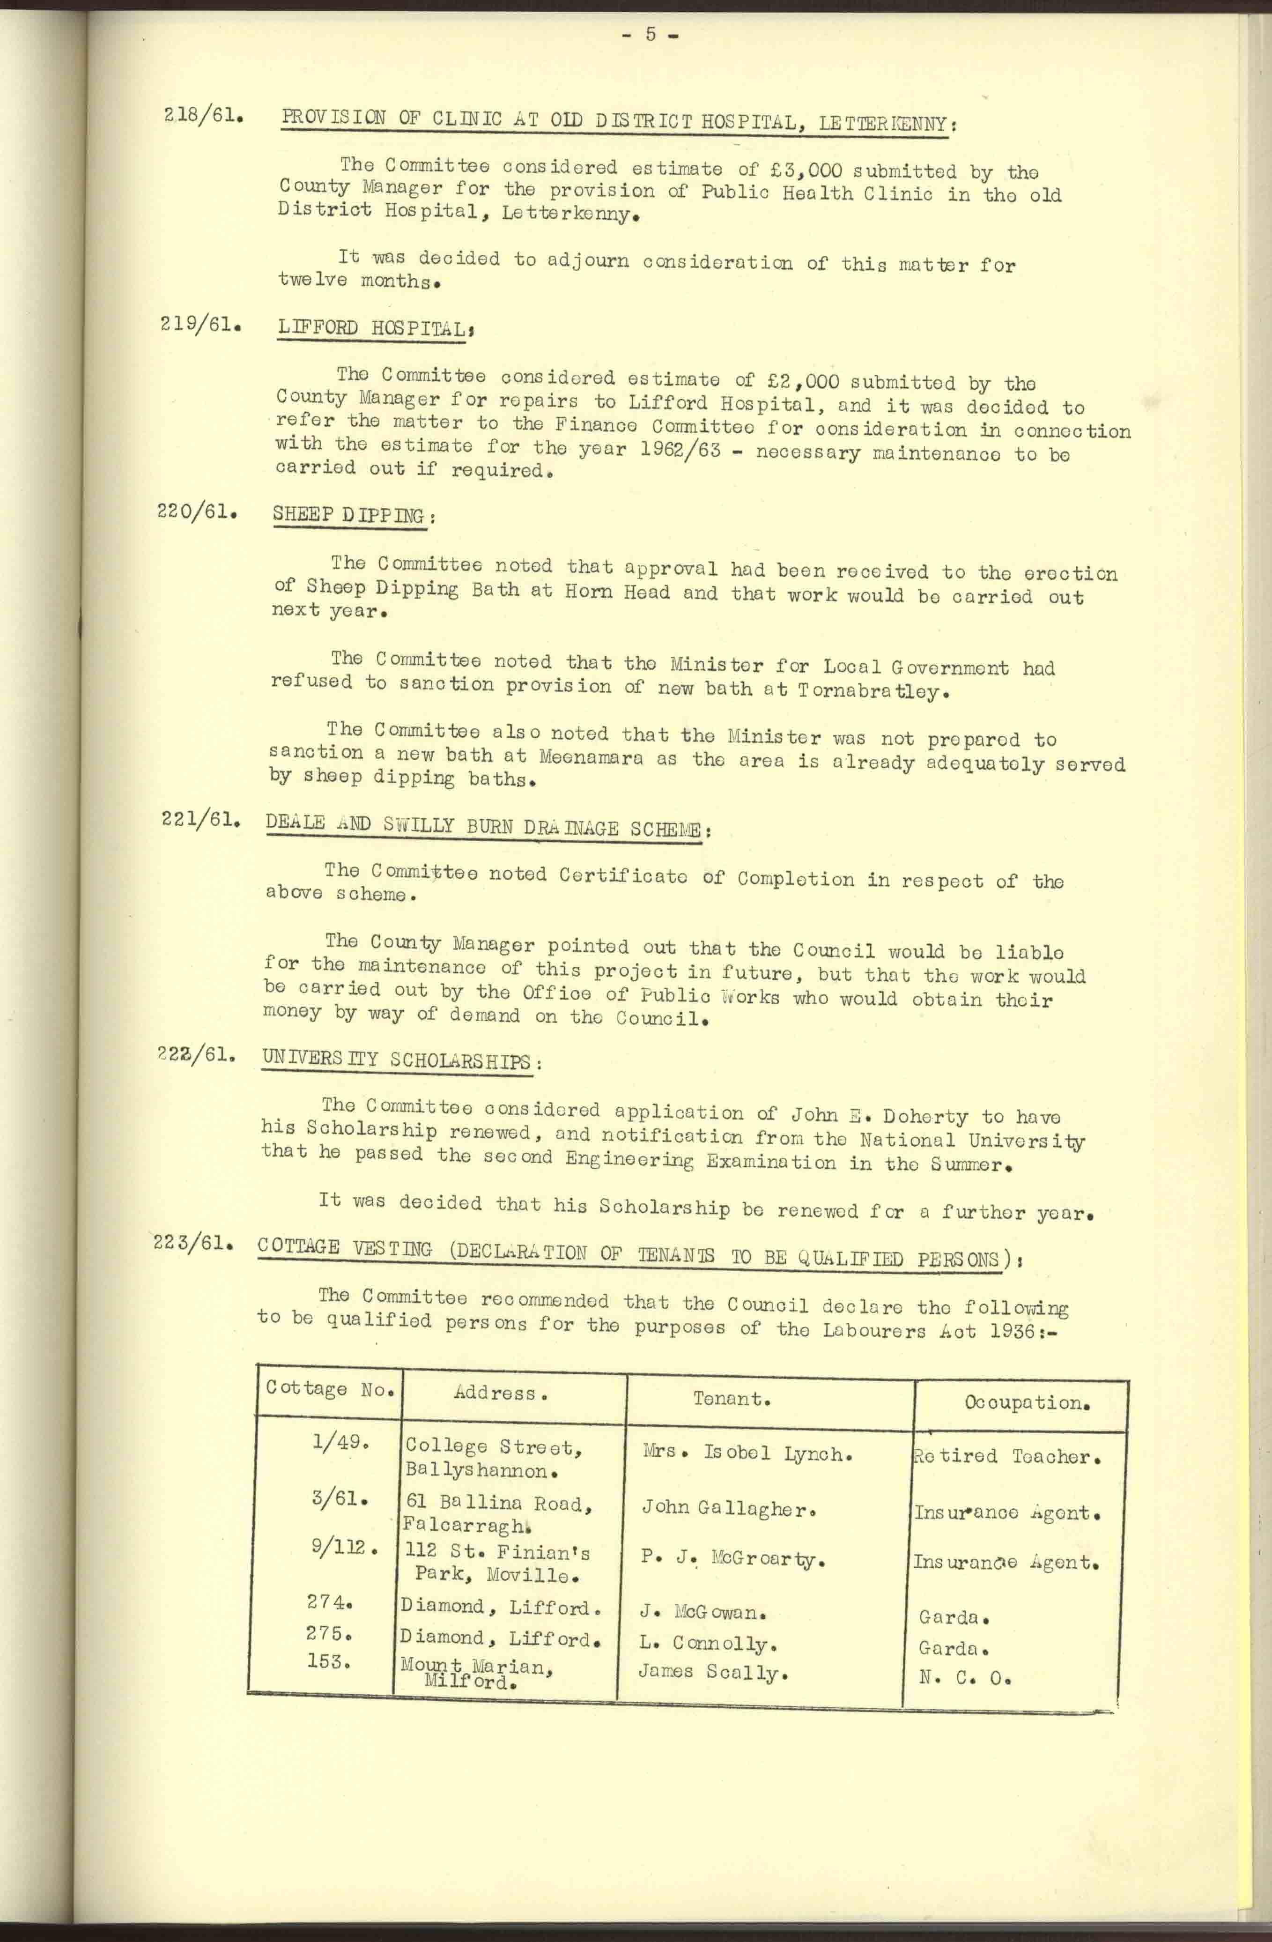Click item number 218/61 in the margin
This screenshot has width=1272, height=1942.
tap(202, 115)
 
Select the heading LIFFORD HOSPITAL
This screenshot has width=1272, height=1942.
tap(375, 328)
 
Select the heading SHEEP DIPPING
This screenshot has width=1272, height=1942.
tap(350, 515)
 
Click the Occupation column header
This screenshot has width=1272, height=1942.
tap(1027, 1403)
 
